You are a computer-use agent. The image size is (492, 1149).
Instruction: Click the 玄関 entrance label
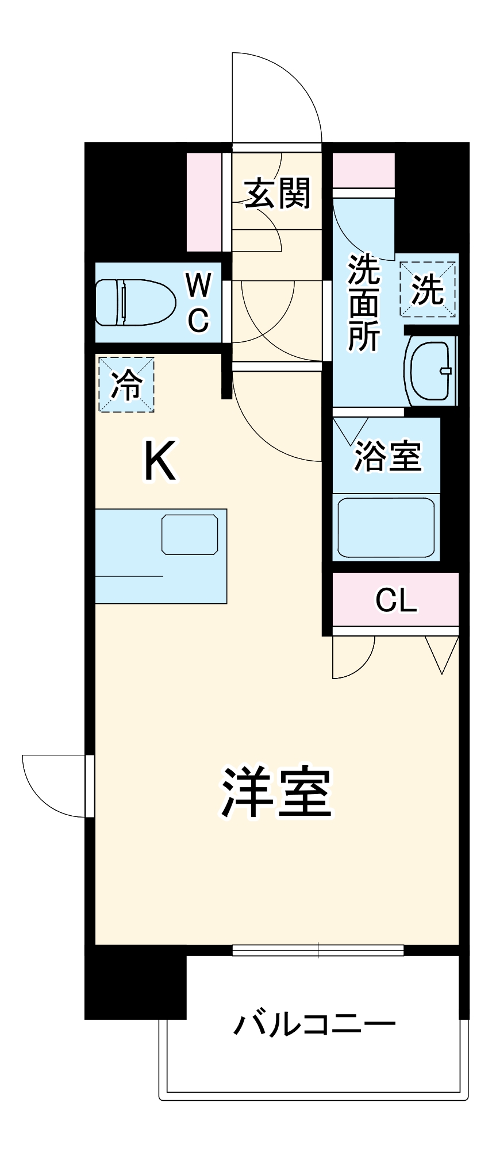[278, 194]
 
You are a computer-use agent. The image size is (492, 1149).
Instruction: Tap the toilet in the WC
[135, 302]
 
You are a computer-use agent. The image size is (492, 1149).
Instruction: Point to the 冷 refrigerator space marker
[126, 384]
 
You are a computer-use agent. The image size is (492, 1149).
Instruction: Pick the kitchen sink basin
[190, 534]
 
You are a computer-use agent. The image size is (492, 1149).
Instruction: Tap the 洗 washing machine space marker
[428, 290]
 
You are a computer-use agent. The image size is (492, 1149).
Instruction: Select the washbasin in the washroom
[430, 371]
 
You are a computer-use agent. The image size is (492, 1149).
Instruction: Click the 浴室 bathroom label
[388, 457]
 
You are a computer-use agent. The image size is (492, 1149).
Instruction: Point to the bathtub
[386, 527]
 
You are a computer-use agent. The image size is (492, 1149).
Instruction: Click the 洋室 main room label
[277, 792]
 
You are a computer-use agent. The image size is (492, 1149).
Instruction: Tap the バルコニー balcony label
[314, 1024]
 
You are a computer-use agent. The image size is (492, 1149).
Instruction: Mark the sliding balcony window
[318, 951]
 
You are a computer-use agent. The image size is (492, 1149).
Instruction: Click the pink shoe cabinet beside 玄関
[205, 202]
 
